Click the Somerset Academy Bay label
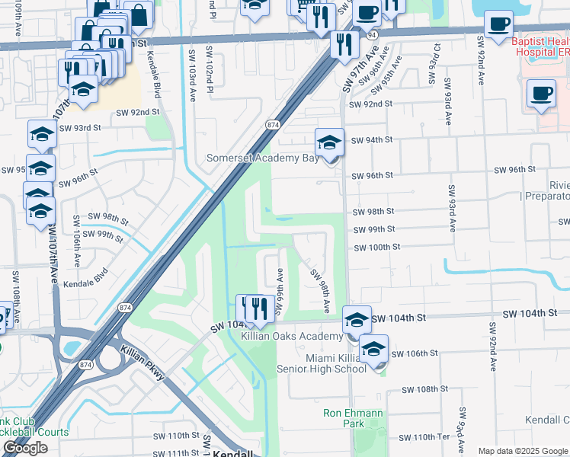(263, 158)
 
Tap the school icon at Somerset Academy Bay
(329, 142)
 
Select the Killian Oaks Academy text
(293, 337)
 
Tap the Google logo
(25, 448)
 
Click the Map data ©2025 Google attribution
(523, 451)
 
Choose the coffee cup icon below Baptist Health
(541, 94)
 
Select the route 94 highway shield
(371, 34)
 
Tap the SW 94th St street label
(372, 140)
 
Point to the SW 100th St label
(376, 248)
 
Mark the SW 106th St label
(415, 353)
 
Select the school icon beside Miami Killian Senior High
(373, 350)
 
